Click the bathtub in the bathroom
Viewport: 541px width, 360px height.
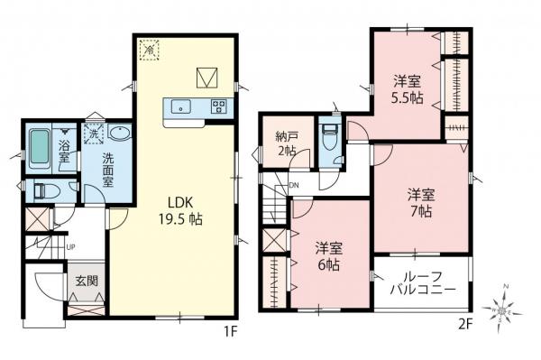tap(39, 149)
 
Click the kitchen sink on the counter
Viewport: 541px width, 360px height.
tap(181, 107)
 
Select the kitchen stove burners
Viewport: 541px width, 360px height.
tap(217, 106)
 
